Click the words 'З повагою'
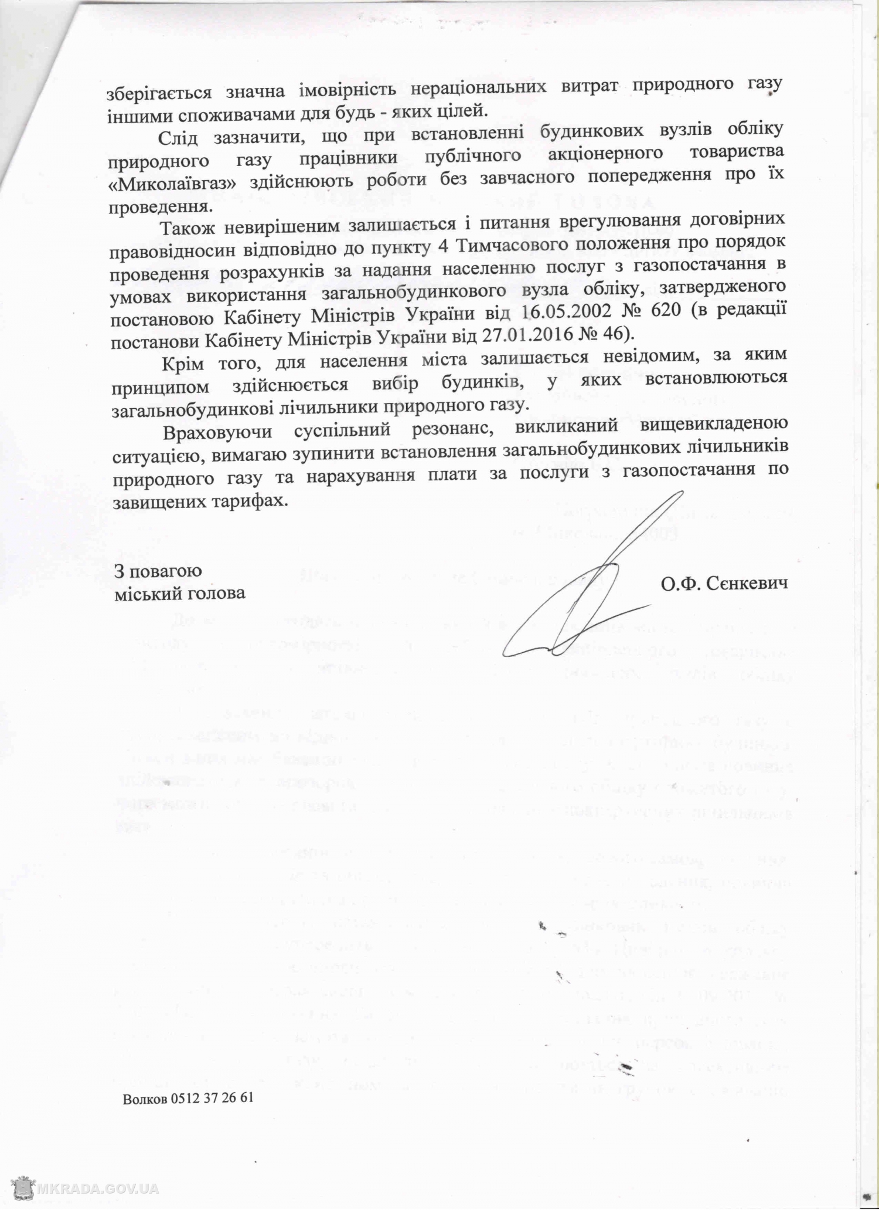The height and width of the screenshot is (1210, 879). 158,571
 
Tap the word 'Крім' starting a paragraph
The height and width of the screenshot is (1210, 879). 182,364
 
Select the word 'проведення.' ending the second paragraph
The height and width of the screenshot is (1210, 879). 159,206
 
